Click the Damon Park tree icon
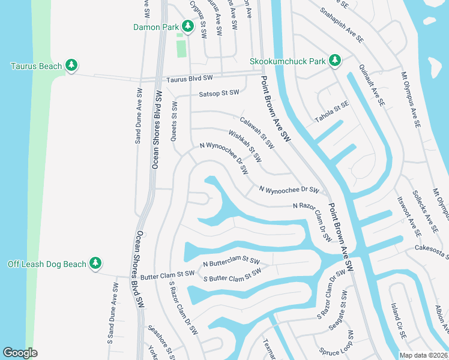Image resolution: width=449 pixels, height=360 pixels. [x=188, y=26]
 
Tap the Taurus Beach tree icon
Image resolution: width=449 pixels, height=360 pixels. [x=71, y=65]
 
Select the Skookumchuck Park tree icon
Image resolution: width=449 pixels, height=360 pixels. [x=334, y=60]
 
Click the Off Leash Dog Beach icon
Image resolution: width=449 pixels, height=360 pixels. [x=95, y=263]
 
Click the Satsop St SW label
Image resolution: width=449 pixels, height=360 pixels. [x=218, y=93]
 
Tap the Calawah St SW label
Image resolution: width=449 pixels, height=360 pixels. [x=257, y=133]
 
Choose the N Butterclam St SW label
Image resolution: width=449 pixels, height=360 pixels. [x=231, y=263]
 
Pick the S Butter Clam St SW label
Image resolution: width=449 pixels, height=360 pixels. [x=232, y=275]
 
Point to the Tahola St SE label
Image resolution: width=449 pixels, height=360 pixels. [x=332, y=113]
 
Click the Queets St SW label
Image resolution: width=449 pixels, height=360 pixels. [x=175, y=113]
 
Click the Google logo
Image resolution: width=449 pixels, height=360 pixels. [x=20, y=353]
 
